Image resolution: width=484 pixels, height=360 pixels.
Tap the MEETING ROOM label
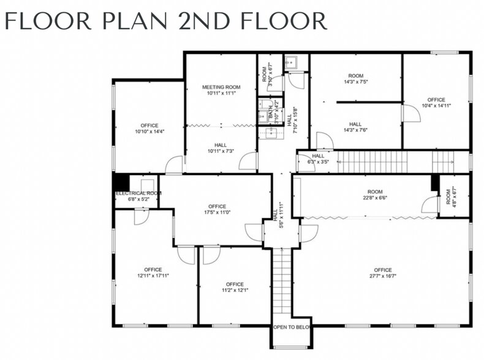(x=221, y=87)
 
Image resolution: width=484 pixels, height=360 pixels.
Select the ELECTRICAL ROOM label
(x=138, y=193)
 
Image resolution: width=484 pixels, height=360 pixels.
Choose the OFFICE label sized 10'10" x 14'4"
(x=149, y=125)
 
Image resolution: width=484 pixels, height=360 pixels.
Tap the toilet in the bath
(x=263, y=104)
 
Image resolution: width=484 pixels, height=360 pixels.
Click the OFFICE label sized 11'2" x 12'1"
(x=234, y=284)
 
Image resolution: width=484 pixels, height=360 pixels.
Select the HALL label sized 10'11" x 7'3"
(x=221, y=145)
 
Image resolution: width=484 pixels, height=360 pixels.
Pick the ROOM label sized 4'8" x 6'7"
(x=448, y=196)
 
